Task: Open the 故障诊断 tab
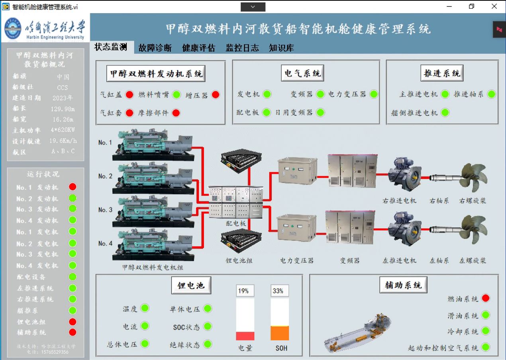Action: [x=155, y=48]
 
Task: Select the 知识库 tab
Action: [x=281, y=48]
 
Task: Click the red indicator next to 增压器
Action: [x=216, y=95]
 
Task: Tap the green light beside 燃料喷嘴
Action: [x=177, y=95]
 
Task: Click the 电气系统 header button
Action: [x=302, y=73]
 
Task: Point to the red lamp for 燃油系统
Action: [x=485, y=298]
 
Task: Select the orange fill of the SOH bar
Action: [x=280, y=333]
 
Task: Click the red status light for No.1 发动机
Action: [x=73, y=187]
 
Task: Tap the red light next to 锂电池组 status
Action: [x=73, y=321]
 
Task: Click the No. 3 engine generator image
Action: [x=153, y=211]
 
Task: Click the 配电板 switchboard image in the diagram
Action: [x=236, y=202]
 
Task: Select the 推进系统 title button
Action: [x=442, y=73]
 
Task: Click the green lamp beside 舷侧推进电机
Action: [x=445, y=113]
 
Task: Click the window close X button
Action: [x=494, y=6]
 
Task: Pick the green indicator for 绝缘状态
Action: [x=208, y=344]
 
